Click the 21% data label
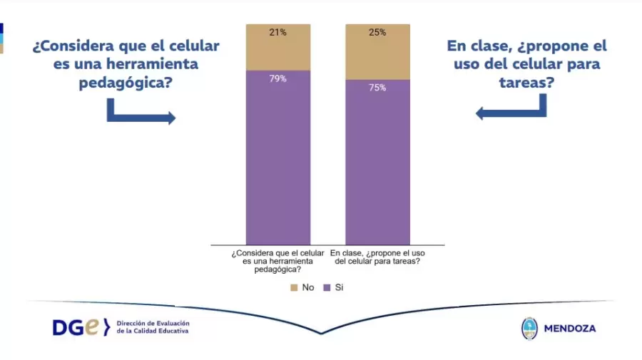[278, 32]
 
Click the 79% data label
[278, 79]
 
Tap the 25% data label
[378, 32]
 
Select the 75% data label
[378, 88]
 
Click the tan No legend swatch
[293, 287]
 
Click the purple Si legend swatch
[327, 287]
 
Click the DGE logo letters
[78, 327]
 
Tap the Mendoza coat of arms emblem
[529, 328]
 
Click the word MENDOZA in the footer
[569, 329]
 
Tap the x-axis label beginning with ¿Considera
[278, 261]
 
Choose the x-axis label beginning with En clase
[378, 257]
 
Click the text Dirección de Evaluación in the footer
[153, 323]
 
